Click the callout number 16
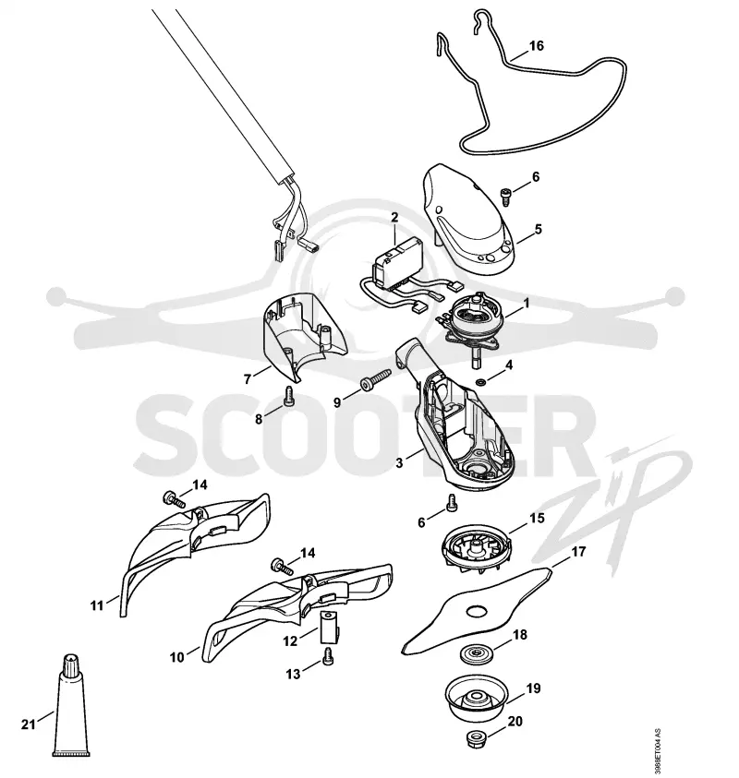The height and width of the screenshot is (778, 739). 537,46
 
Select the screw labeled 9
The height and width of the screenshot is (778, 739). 376,380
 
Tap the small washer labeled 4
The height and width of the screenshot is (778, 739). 480,382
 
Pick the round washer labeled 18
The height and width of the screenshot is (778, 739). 477,652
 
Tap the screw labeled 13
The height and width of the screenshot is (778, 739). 328,656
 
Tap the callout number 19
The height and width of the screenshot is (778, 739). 533,688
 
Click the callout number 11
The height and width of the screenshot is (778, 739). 96,605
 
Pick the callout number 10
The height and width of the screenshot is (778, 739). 176,657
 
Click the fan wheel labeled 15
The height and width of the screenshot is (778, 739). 477,552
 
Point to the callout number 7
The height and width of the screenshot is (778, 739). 248,380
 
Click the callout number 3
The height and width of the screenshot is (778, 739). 399,463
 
